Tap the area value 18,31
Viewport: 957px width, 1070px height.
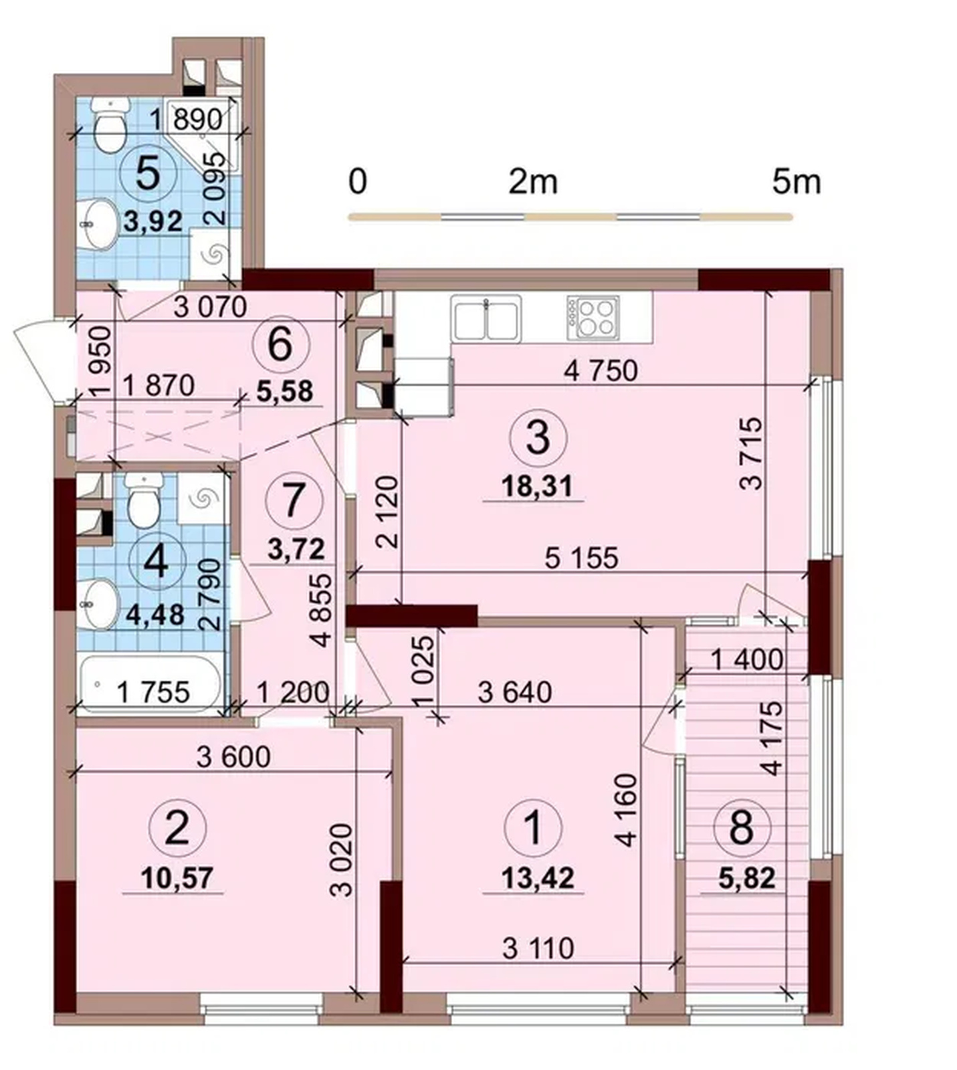[x=537, y=486]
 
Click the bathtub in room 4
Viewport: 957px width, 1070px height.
[x=150, y=685]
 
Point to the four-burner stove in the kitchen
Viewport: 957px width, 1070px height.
[x=592, y=316]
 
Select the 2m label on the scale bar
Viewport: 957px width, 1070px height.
[x=533, y=181]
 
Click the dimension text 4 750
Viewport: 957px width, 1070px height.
[x=601, y=370]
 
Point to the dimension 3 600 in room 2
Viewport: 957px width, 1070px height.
[x=234, y=756]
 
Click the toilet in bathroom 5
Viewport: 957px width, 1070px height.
[x=110, y=124]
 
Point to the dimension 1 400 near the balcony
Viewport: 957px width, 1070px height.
[x=746, y=660]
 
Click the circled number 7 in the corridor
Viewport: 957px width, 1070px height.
[x=294, y=500]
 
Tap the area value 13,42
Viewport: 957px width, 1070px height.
[x=538, y=877]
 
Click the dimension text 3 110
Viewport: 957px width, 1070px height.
[x=538, y=948]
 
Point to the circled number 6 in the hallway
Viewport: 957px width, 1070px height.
[x=281, y=345]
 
